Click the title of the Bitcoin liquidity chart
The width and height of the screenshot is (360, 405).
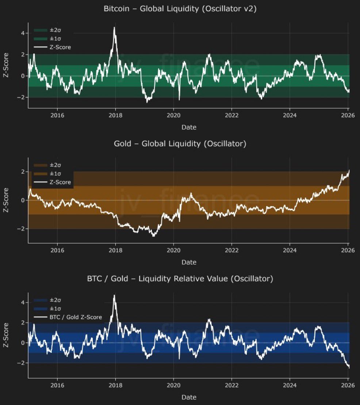point(180,9)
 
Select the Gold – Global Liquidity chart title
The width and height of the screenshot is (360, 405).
point(180,144)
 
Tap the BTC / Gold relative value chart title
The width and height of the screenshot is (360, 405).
point(180,279)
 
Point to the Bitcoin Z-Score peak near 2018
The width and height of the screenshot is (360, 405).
point(114,28)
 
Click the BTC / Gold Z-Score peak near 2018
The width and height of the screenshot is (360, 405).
point(114,296)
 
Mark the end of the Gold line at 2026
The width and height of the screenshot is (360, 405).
point(349,171)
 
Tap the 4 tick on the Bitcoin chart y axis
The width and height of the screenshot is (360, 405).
point(23,33)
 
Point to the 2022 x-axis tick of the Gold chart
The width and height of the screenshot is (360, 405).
point(231,251)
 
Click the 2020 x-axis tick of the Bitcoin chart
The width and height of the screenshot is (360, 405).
point(173,116)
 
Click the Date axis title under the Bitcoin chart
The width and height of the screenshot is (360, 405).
point(189,127)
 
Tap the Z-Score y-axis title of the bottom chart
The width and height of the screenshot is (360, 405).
point(6,335)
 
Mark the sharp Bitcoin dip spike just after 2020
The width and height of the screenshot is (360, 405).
point(179,99)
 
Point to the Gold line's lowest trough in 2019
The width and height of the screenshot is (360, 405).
point(154,236)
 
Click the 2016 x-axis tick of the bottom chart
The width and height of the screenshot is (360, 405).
point(57,385)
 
